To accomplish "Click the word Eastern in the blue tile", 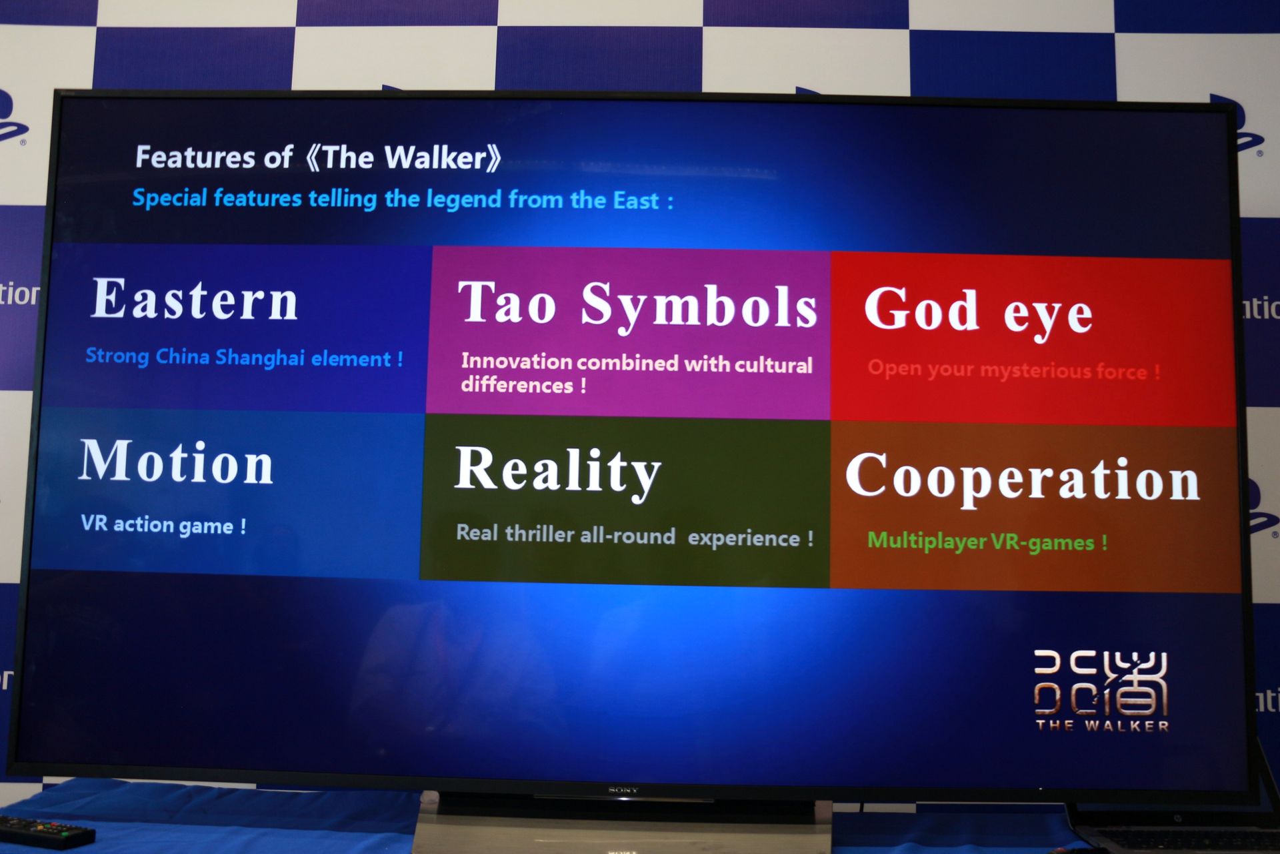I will click(194, 300).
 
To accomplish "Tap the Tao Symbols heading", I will click(637, 305).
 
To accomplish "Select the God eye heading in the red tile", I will click(977, 311).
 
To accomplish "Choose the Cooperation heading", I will click(1022, 479).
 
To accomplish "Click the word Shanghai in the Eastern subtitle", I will click(259, 358).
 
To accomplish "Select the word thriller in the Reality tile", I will click(539, 534).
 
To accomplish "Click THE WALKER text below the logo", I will click(1102, 726).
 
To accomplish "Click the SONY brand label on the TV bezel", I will click(623, 790).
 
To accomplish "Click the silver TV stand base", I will click(620, 827).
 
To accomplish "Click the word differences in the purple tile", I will click(517, 385).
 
